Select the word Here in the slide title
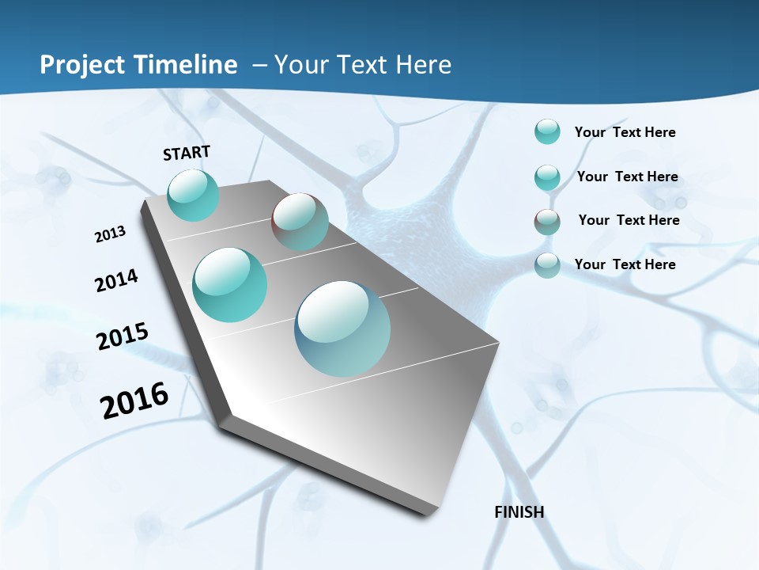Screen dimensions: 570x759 (423, 65)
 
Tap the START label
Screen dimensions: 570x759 (187, 153)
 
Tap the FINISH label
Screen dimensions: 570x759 (519, 512)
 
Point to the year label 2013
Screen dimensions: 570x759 (110, 234)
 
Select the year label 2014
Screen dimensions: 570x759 (116, 280)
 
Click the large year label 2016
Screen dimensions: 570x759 (134, 401)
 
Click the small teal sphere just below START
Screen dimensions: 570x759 (193, 195)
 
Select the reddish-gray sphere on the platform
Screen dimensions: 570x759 (300, 222)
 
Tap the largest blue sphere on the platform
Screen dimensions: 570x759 (342, 329)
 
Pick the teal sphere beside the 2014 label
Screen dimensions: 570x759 (230, 285)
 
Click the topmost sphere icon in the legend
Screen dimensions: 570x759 (547, 131)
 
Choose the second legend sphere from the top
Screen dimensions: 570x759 (547, 177)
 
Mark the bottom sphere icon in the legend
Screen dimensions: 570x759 (547, 265)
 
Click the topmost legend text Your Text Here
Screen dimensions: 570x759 (625, 132)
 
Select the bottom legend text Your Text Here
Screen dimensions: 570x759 (625, 264)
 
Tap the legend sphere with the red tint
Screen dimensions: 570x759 (547, 222)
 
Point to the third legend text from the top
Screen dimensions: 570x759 (629, 220)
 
